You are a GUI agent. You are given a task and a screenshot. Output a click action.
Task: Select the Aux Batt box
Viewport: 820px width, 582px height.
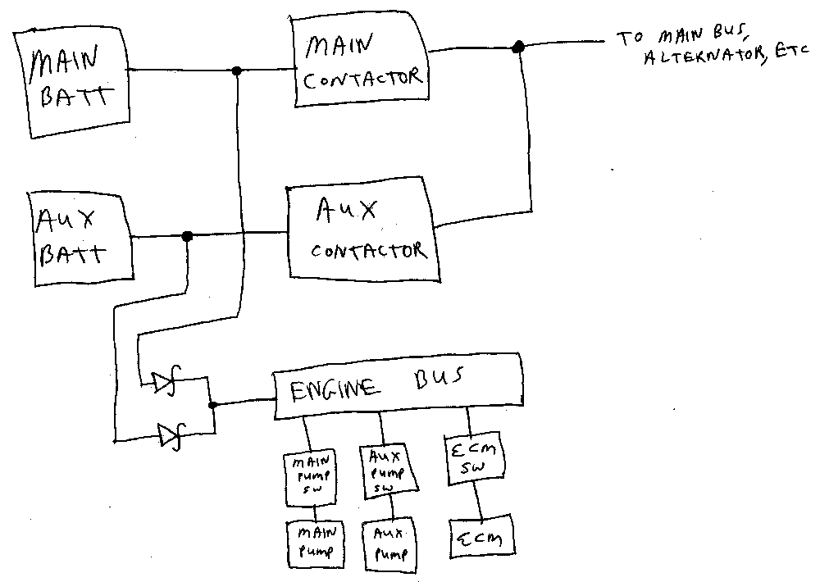tap(80, 237)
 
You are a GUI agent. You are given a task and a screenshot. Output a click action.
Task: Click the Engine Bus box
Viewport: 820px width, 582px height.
tap(397, 384)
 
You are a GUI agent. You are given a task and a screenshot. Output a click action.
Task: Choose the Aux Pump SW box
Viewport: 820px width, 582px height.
tap(386, 471)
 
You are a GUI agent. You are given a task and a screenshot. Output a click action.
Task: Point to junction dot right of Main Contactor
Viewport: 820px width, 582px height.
tap(517, 48)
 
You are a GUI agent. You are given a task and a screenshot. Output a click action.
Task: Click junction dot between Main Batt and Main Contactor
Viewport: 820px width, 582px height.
tap(237, 70)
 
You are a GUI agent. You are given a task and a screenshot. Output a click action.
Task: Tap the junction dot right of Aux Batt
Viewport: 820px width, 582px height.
tap(187, 236)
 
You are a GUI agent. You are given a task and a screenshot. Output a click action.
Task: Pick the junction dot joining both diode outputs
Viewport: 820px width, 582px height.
tap(213, 405)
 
